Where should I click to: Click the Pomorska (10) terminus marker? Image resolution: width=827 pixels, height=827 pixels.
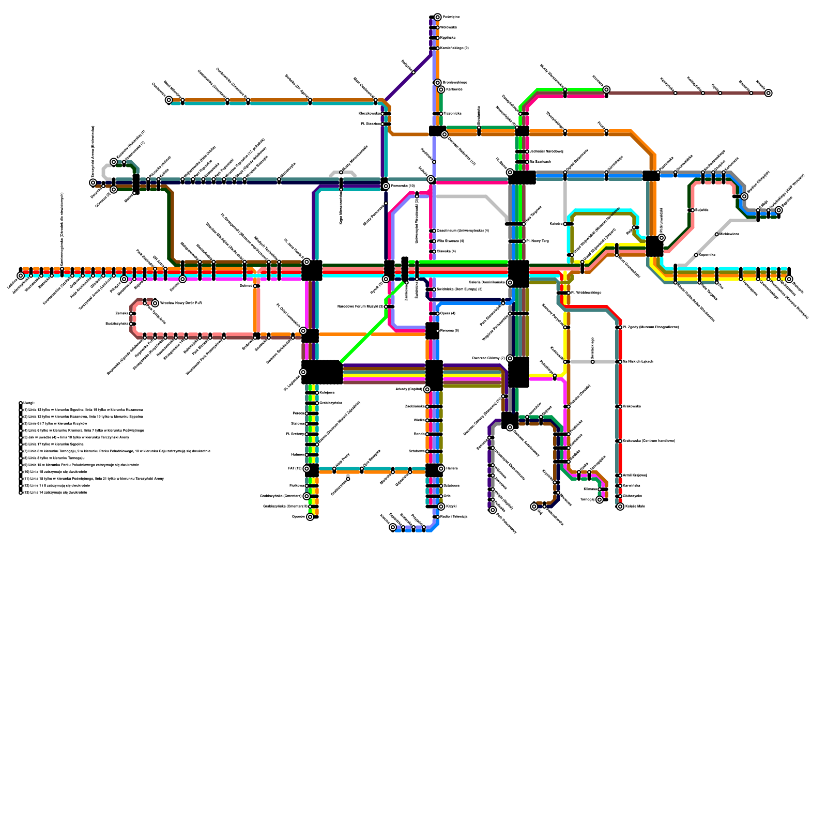[386, 186]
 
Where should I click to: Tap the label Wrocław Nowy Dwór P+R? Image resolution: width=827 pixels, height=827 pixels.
[180, 303]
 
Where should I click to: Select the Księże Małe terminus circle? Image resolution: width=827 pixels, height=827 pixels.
[620, 507]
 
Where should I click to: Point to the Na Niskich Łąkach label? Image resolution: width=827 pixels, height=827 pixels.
[638, 362]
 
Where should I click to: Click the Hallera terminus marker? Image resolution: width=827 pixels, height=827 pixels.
[441, 469]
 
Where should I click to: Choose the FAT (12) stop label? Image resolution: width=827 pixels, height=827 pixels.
[295, 469]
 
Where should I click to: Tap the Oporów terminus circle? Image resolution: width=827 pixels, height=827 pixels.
[310, 517]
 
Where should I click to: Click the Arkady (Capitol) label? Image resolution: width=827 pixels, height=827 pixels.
[409, 389]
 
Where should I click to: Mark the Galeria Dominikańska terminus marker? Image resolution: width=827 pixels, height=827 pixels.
[510, 283]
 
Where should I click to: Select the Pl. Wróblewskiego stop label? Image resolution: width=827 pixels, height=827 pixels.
[586, 293]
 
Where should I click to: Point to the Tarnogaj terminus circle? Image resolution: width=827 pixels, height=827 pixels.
[600, 500]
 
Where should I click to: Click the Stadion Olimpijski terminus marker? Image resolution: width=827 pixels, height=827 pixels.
[744, 196]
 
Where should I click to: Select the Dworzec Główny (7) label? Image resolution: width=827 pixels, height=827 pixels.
[488, 358]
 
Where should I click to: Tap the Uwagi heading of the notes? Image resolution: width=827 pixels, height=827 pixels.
[29, 403]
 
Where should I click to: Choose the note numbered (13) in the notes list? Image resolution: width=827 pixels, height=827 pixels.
[55, 493]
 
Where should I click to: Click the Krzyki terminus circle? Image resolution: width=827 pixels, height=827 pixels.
[441, 507]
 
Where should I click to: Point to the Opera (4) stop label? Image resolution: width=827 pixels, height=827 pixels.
[448, 314]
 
